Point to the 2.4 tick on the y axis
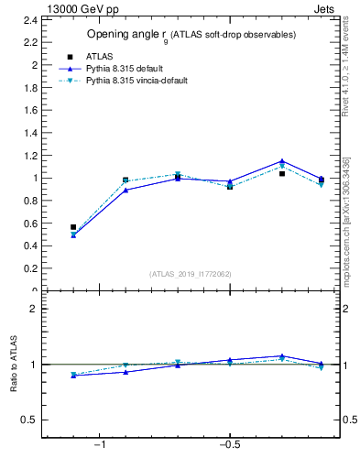31,21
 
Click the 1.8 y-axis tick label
31,88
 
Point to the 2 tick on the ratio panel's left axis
34,309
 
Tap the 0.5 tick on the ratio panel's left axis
31,420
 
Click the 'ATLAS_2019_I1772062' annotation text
191,274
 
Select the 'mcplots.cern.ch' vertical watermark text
346,238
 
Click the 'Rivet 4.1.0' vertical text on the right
346,69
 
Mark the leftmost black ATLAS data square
73,227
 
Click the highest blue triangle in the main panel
282,161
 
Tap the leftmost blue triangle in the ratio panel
73,376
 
